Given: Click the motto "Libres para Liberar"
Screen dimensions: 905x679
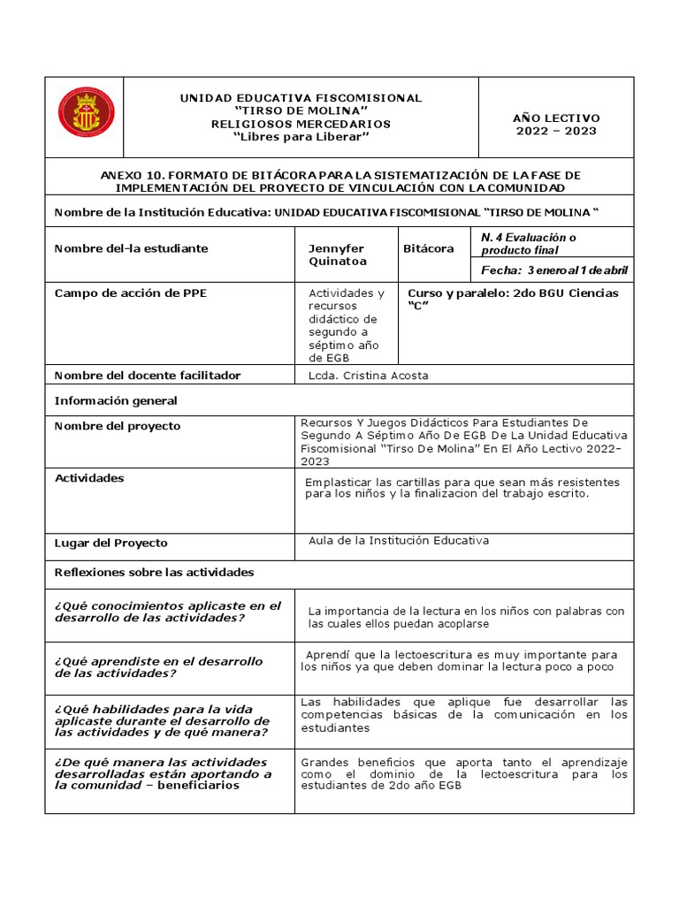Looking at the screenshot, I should (301, 137).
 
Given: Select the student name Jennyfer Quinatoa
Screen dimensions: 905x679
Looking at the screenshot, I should (335, 255).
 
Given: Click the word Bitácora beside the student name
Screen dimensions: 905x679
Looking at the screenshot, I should (429, 248).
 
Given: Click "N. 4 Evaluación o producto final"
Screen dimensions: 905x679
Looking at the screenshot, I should (528, 243).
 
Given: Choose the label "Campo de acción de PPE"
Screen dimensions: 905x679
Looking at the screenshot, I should (130, 293).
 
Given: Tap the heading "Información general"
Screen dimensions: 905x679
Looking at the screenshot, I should (116, 400).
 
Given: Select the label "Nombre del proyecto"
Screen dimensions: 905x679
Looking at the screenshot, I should (117, 426).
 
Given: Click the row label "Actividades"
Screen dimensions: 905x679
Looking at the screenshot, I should (89, 478).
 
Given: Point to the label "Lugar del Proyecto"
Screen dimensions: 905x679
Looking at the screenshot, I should (111, 543).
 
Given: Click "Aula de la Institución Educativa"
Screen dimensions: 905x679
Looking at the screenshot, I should (399, 541).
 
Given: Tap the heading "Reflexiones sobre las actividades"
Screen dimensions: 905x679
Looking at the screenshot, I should (154, 572).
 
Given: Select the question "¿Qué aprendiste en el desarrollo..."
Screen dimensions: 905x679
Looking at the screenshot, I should (158, 667).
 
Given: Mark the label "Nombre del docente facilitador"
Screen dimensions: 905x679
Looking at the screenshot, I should (148, 376).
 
